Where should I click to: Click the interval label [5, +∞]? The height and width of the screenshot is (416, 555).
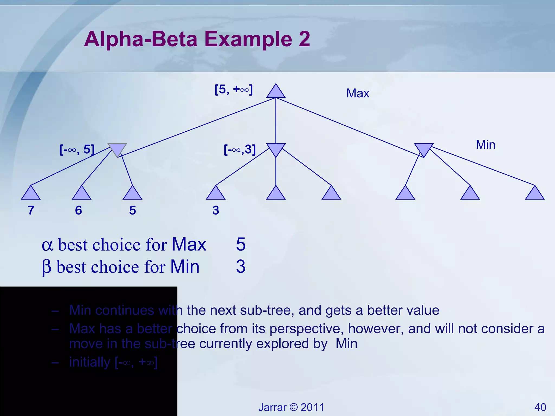pyautogui.click(x=234, y=89)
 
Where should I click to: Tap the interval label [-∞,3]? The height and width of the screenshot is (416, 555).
pyautogui.click(x=240, y=149)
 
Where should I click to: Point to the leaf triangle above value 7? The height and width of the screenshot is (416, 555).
pyautogui.click(x=31, y=194)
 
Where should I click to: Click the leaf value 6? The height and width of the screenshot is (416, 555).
pyautogui.click(x=78, y=210)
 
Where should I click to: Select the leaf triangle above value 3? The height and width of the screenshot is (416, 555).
pyautogui.click(x=216, y=194)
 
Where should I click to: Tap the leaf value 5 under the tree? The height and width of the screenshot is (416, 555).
pyautogui.click(x=133, y=210)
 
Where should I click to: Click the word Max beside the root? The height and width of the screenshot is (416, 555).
pyautogui.click(x=358, y=93)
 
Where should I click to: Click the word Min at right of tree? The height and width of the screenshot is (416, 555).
pyautogui.click(x=485, y=145)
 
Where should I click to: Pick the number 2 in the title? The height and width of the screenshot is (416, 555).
pyautogui.click(x=304, y=39)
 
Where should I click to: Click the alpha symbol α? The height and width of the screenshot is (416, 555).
pyautogui.click(x=47, y=245)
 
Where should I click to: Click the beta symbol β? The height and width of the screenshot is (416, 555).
pyautogui.click(x=47, y=268)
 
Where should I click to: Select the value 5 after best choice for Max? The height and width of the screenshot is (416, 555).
pyautogui.click(x=241, y=244)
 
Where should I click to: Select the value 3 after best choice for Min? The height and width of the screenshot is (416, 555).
pyautogui.click(x=241, y=266)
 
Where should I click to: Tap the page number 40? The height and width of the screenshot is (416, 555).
pyautogui.click(x=540, y=407)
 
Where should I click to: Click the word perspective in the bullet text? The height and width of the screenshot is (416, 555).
pyautogui.click(x=307, y=329)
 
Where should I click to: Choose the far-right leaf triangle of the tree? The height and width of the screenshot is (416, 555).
pyautogui.click(x=534, y=194)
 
